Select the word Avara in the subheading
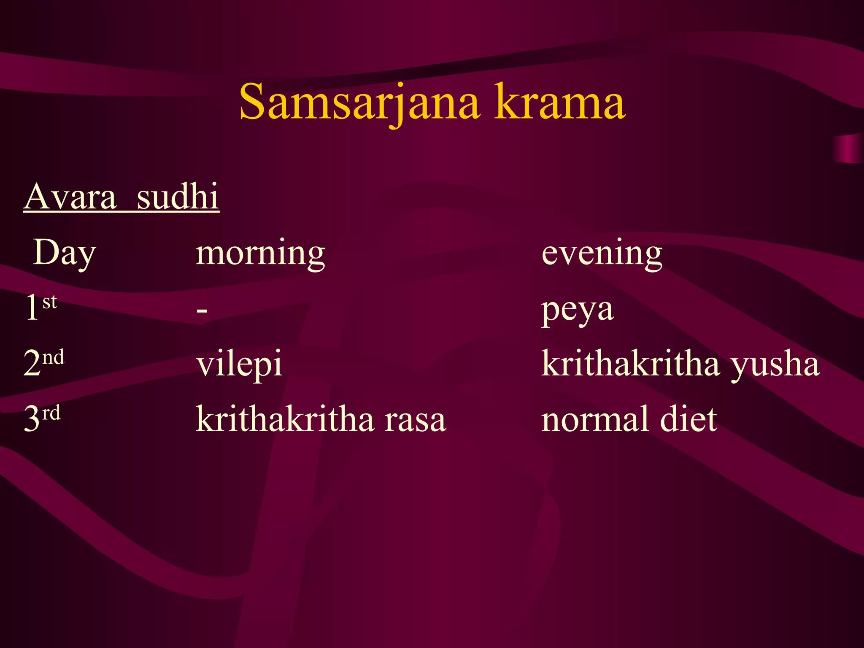(x=70, y=197)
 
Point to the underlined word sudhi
(x=178, y=197)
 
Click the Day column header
(x=64, y=253)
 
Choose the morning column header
(x=260, y=253)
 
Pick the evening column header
(x=602, y=253)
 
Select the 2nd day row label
(x=44, y=363)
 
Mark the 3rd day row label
(x=42, y=418)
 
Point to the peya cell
(x=577, y=310)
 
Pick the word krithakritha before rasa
(x=285, y=419)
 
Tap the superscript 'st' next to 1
(x=50, y=302)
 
